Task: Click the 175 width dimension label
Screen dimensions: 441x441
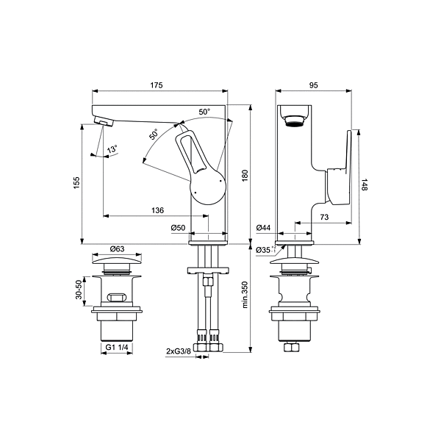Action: tap(157, 85)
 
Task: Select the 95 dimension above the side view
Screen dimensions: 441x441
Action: tap(313, 85)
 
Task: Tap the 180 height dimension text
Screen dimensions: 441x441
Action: tap(245, 176)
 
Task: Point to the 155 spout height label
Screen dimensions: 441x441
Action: tap(76, 183)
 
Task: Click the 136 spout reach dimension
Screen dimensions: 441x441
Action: tap(157, 210)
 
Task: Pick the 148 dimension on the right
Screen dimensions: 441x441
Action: tap(365, 184)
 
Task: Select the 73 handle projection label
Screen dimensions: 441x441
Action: tap(324, 217)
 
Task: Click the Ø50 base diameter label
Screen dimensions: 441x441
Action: tap(179, 228)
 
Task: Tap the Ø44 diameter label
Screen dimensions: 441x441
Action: tap(264, 228)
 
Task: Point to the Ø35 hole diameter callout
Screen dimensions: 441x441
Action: tap(266, 250)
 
